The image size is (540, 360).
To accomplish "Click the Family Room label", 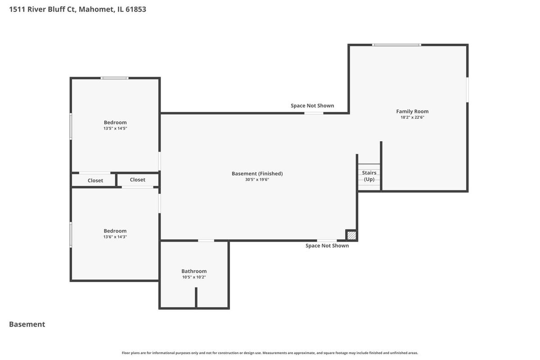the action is (x=412, y=112).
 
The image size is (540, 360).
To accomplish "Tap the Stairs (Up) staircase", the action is (x=369, y=177).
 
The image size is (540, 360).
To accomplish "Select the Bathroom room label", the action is (x=194, y=271).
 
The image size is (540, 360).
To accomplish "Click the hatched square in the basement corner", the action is (x=351, y=235).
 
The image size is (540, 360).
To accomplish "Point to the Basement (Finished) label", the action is (x=257, y=174).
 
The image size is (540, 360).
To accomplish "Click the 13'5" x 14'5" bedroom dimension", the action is (x=115, y=128).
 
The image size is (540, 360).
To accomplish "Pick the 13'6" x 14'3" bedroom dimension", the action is (x=115, y=237).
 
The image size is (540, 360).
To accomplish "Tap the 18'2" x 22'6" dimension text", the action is (x=412, y=117).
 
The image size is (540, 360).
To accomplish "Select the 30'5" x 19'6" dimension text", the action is (x=257, y=180).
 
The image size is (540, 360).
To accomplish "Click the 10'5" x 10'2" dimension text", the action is (x=194, y=277).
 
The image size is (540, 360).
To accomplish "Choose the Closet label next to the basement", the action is (x=137, y=180).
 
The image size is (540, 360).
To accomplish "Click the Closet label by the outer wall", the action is (x=95, y=180).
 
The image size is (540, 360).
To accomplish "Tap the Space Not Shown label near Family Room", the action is (x=312, y=106).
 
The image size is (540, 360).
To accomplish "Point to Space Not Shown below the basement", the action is (x=327, y=246).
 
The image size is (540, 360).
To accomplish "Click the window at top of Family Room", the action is (x=396, y=45).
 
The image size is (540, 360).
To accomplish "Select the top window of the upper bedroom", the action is (x=114, y=78).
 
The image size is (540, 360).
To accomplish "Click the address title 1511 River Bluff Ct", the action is (x=77, y=9).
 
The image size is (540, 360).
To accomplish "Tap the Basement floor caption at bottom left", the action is (x=27, y=324).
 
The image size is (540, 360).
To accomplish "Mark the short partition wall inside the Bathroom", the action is (x=196, y=297).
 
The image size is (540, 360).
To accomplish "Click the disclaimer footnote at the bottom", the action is (x=270, y=353).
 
